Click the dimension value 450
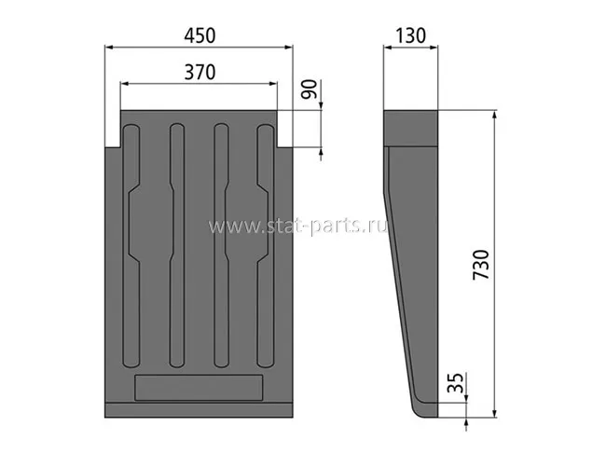click(200, 35)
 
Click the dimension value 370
click(200, 73)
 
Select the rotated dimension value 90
click(310, 89)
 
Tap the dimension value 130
click(410, 35)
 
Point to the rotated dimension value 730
click(481, 265)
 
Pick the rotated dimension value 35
click(455, 382)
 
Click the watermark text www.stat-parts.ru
click(297, 226)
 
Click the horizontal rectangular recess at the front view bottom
click(199, 388)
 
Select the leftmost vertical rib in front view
click(131, 246)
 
